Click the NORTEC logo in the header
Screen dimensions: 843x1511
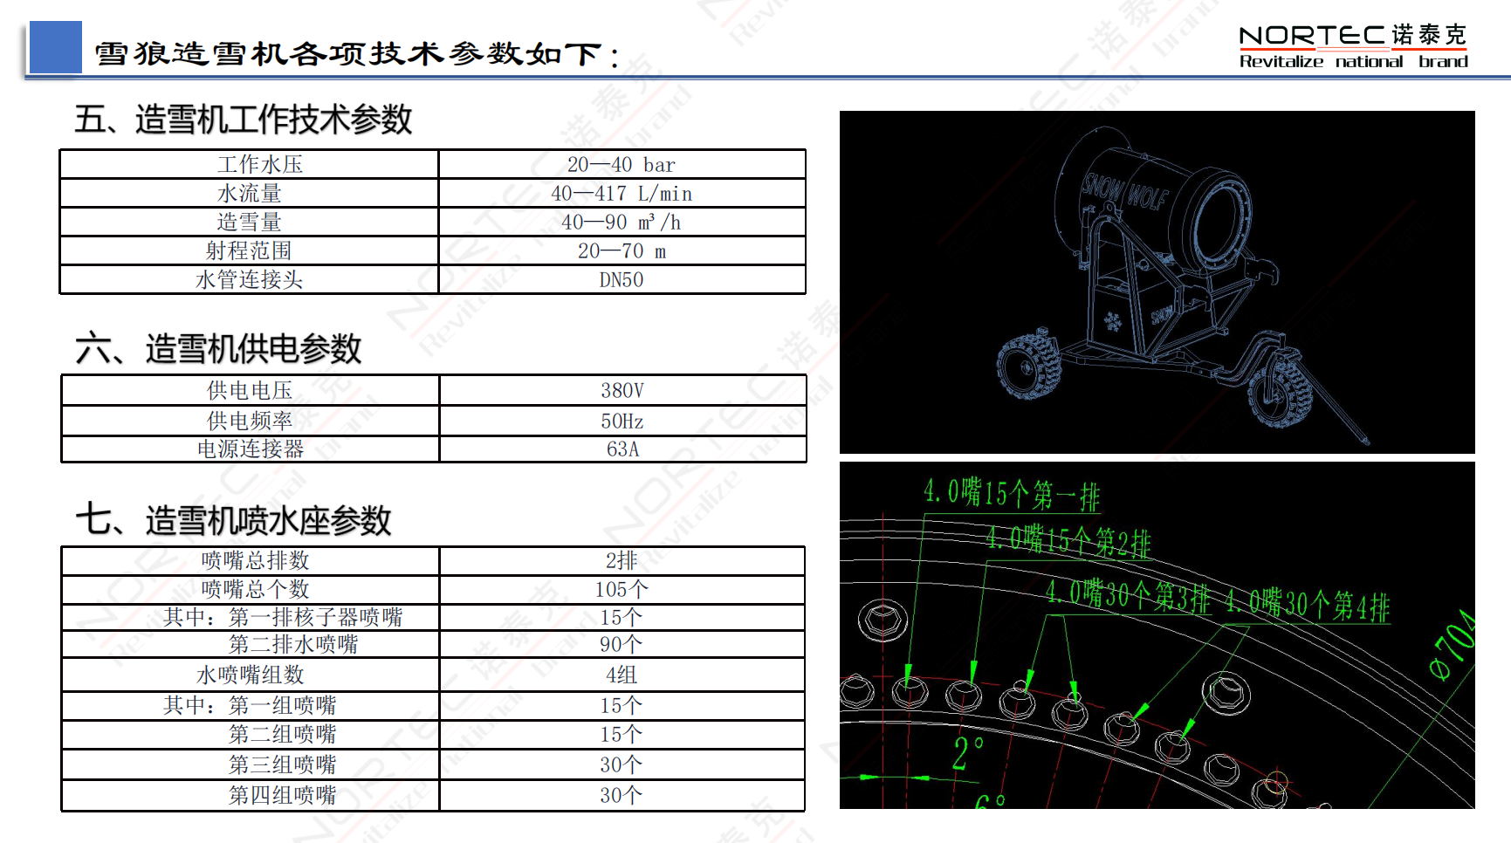pos(1352,46)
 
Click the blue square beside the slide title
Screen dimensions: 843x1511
pos(55,47)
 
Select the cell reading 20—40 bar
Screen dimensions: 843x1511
pos(621,165)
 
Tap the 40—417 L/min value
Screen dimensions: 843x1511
pos(621,194)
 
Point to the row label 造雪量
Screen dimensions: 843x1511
pos(249,223)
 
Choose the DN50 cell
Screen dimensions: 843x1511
pos(621,280)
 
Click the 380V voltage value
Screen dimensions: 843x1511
pos(622,391)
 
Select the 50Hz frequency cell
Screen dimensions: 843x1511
pos(622,421)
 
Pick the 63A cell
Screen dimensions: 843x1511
pos(622,449)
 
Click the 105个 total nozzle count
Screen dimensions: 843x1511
pos(621,590)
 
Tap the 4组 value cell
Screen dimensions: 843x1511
pos(621,675)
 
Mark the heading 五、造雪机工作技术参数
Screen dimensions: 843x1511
pos(243,120)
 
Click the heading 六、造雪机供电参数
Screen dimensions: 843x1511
pos(218,349)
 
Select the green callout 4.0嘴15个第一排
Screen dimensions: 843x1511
pos(1012,494)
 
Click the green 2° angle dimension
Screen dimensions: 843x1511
pos(967,753)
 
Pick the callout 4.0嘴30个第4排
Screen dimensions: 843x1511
pos(1307,604)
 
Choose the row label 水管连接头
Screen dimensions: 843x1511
pos(249,280)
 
